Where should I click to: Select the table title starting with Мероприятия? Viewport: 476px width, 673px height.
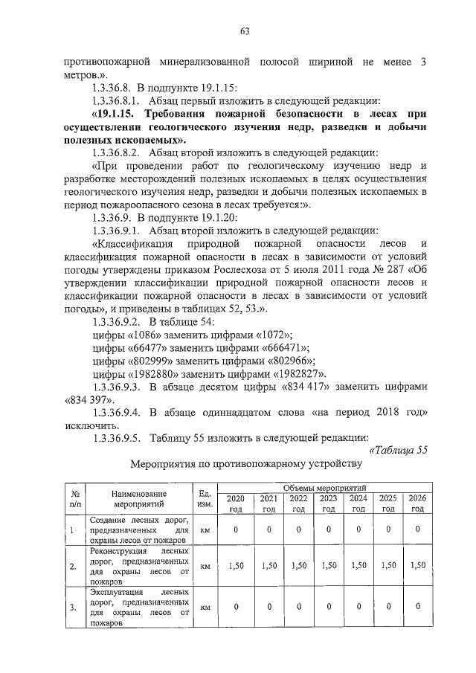coord(245,466)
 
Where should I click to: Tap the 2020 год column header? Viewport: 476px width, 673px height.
coord(236,503)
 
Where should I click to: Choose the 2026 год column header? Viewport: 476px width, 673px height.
coord(417,503)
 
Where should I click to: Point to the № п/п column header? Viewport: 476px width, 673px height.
coord(74,498)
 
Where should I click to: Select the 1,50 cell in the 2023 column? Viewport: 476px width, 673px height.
coord(328,565)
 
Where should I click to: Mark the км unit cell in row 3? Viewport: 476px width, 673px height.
coord(206,607)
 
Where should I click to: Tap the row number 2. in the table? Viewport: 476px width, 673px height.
coord(73,567)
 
